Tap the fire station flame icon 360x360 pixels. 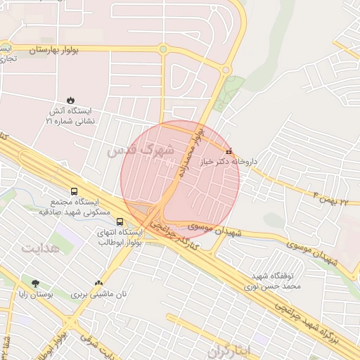(70, 100)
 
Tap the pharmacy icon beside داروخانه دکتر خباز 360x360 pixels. (228, 151)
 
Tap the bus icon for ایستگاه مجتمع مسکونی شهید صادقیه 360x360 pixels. (75, 191)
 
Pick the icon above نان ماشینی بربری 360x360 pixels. (98, 283)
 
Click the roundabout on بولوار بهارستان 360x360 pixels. (163, 49)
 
